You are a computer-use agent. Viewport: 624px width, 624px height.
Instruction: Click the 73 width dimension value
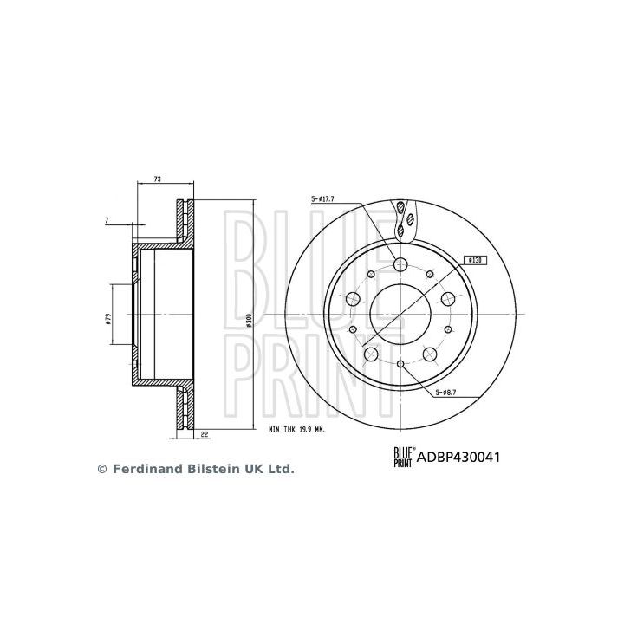click(x=157, y=179)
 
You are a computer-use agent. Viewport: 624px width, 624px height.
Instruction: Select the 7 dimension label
click(x=107, y=221)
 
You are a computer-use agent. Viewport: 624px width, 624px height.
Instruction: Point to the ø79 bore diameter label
click(x=107, y=319)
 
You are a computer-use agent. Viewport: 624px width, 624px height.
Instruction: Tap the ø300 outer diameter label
click(x=248, y=319)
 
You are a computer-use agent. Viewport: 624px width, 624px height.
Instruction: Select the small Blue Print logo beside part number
click(x=402, y=455)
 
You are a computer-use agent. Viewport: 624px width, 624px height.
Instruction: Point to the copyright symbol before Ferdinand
click(x=101, y=469)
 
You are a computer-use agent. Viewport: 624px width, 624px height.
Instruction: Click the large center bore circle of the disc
click(x=401, y=314)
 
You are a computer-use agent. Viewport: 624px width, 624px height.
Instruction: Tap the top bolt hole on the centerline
click(x=401, y=264)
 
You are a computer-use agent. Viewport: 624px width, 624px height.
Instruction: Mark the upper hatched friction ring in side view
click(x=181, y=222)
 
